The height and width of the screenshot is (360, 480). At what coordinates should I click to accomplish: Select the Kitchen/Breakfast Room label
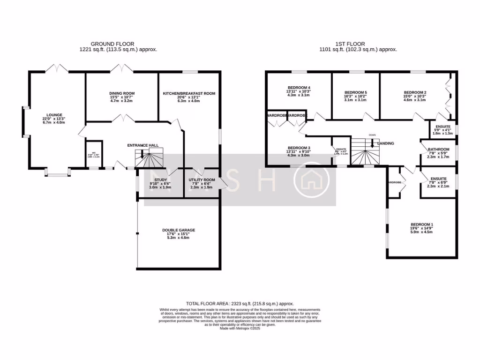(189, 93)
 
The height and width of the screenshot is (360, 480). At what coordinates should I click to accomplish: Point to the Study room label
(160, 180)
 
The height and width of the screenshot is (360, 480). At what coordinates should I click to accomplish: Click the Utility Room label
(202, 180)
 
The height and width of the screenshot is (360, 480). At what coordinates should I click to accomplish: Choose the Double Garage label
(179, 230)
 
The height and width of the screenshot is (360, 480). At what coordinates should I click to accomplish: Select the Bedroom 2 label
(415, 92)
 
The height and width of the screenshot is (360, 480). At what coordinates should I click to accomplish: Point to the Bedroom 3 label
(299, 148)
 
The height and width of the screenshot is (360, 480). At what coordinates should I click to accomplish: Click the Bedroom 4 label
(299, 88)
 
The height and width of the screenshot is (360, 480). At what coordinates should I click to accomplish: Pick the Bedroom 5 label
(355, 92)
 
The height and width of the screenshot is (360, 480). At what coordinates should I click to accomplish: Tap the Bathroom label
(438, 150)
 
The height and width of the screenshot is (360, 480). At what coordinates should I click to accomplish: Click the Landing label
(386, 143)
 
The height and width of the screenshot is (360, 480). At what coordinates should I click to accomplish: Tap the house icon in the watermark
(309, 180)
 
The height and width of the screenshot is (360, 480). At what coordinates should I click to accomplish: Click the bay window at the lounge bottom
(57, 175)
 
